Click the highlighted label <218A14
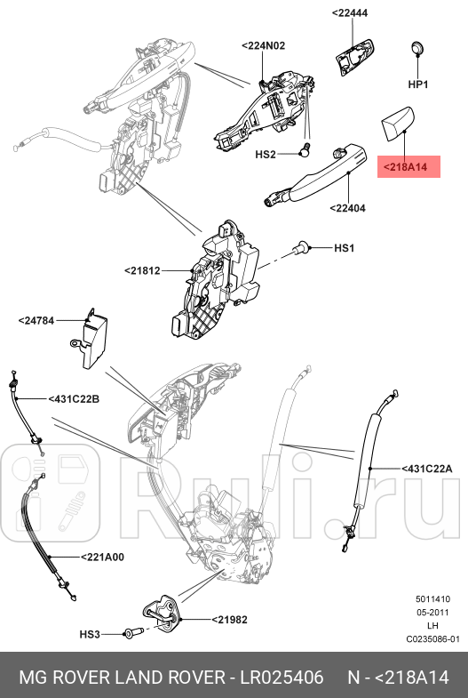point(409,166)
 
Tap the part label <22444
point(354,13)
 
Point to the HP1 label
point(418,84)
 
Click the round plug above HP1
point(418,48)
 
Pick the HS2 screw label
point(266,154)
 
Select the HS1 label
point(344,248)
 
